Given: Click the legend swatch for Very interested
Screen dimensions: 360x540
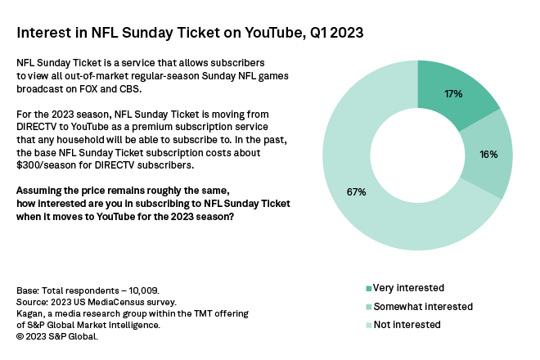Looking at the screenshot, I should pos(368,288).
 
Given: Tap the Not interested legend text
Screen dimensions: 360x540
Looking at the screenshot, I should pos(407,324).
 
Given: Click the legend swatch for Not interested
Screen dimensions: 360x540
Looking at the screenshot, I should pos(368,325).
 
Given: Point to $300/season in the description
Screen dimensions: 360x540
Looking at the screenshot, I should pos(48,164).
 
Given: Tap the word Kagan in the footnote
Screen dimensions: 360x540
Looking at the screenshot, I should pos(31,313).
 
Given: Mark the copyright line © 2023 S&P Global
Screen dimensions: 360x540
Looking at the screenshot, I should pos(58,335).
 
